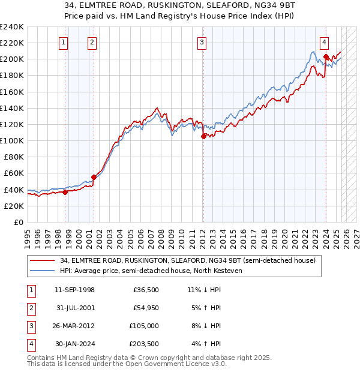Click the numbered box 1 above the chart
click(x=64, y=42)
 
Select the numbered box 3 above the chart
click(x=202, y=42)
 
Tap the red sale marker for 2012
click(x=203, y=136)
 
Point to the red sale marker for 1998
click(x=65, y=192)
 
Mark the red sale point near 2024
click(x=326, y=56)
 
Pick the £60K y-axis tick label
click(x=14, y=173)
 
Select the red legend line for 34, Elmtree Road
click(x=43, y=260)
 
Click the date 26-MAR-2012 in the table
click(x=74, y=327)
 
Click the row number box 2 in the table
click(x=31, y=309)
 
